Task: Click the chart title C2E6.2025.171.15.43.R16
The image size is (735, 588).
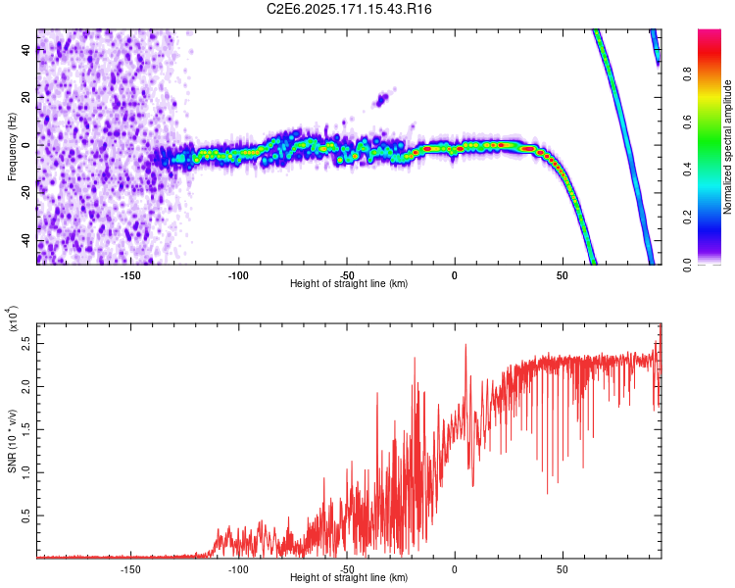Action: coord(349,9)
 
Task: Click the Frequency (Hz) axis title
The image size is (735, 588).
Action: coord(12,146)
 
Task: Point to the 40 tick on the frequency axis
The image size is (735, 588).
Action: coord(26,49)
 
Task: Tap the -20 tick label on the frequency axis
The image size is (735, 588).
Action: coord(26,191)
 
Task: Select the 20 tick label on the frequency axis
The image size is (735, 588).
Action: coord(26,97)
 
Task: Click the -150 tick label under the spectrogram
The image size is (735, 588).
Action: coord(130,275)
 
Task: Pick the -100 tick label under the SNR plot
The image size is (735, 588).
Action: coord(238,569)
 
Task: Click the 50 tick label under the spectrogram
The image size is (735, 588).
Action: coord(563,275)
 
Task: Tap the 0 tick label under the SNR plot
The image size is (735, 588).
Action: coord(454,569)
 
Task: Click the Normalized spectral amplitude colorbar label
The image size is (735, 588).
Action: coord(727,147)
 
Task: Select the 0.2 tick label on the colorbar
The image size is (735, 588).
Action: coord(687,218)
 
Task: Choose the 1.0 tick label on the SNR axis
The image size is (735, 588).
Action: coord(26,472)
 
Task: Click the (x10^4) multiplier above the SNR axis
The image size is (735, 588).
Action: coord(13,318)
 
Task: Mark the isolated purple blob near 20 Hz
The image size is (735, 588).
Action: coord(382,99)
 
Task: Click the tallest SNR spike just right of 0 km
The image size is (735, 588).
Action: coord(465,345)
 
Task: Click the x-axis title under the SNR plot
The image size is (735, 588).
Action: coord(349,577)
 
